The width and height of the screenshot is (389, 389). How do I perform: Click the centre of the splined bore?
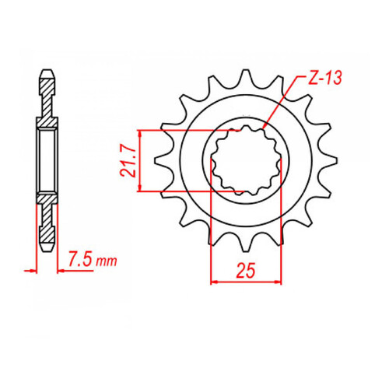point(241,161)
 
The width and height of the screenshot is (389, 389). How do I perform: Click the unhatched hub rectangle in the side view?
point(48,160)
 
